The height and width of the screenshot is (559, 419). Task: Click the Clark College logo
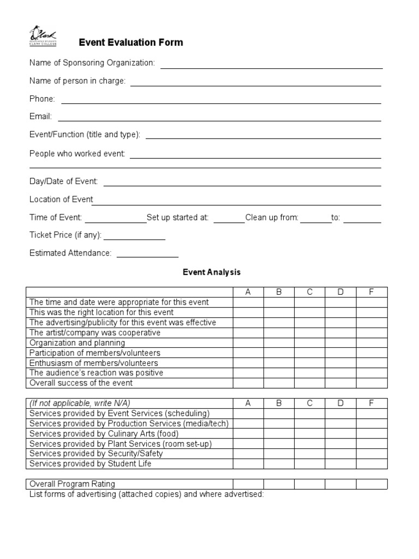click(x=43, y=37)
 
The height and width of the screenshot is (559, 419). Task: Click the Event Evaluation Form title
click(x=131, y=43)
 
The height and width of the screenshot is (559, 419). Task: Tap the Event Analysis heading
click(x=211, y=272)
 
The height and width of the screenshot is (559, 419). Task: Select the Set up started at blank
click(x=229, y=222)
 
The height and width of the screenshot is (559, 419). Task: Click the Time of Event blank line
click(x=115, y=222)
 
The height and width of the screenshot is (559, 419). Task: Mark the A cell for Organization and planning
click(x=248, y=343)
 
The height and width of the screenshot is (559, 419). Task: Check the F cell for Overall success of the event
click(x=372, y=383)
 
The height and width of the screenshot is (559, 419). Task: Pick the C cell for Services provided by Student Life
click(x=310, y=463)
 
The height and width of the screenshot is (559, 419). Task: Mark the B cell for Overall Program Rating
click(x=279, y=484)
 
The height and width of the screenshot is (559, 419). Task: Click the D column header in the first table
click(x=340, y=292)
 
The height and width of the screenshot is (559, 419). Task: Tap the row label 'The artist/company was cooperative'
click(x=95, y=332)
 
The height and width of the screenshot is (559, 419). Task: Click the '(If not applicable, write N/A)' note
click(x=80, y=403)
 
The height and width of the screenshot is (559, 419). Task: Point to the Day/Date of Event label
click(x=63, y=181)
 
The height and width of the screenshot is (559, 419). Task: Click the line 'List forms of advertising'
click(x=146, y=494)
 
